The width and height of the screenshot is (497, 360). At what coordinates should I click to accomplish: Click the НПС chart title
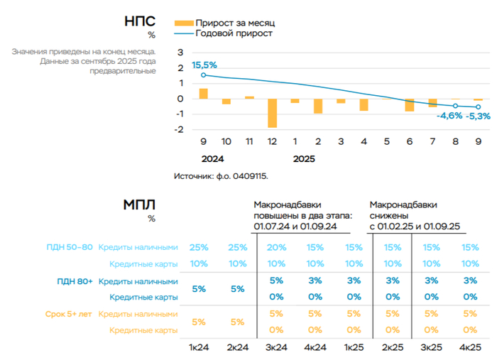(140, 21)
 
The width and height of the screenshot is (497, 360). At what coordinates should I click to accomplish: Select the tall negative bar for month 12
(272, 113)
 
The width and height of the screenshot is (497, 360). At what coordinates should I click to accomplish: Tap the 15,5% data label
(204, 65)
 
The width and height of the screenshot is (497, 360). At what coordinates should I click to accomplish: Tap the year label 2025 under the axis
(304, 159)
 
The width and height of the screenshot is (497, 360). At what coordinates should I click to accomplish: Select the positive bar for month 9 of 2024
(203, 94)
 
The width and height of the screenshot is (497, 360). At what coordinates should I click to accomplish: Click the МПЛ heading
(139, 204)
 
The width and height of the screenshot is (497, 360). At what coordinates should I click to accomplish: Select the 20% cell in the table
(278, 247)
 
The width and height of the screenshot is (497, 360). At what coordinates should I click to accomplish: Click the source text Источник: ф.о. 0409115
(222, 175)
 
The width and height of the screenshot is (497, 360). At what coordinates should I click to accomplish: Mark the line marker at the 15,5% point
(204, 75)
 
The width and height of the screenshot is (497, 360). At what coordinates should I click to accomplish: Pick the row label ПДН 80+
(75, 281)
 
